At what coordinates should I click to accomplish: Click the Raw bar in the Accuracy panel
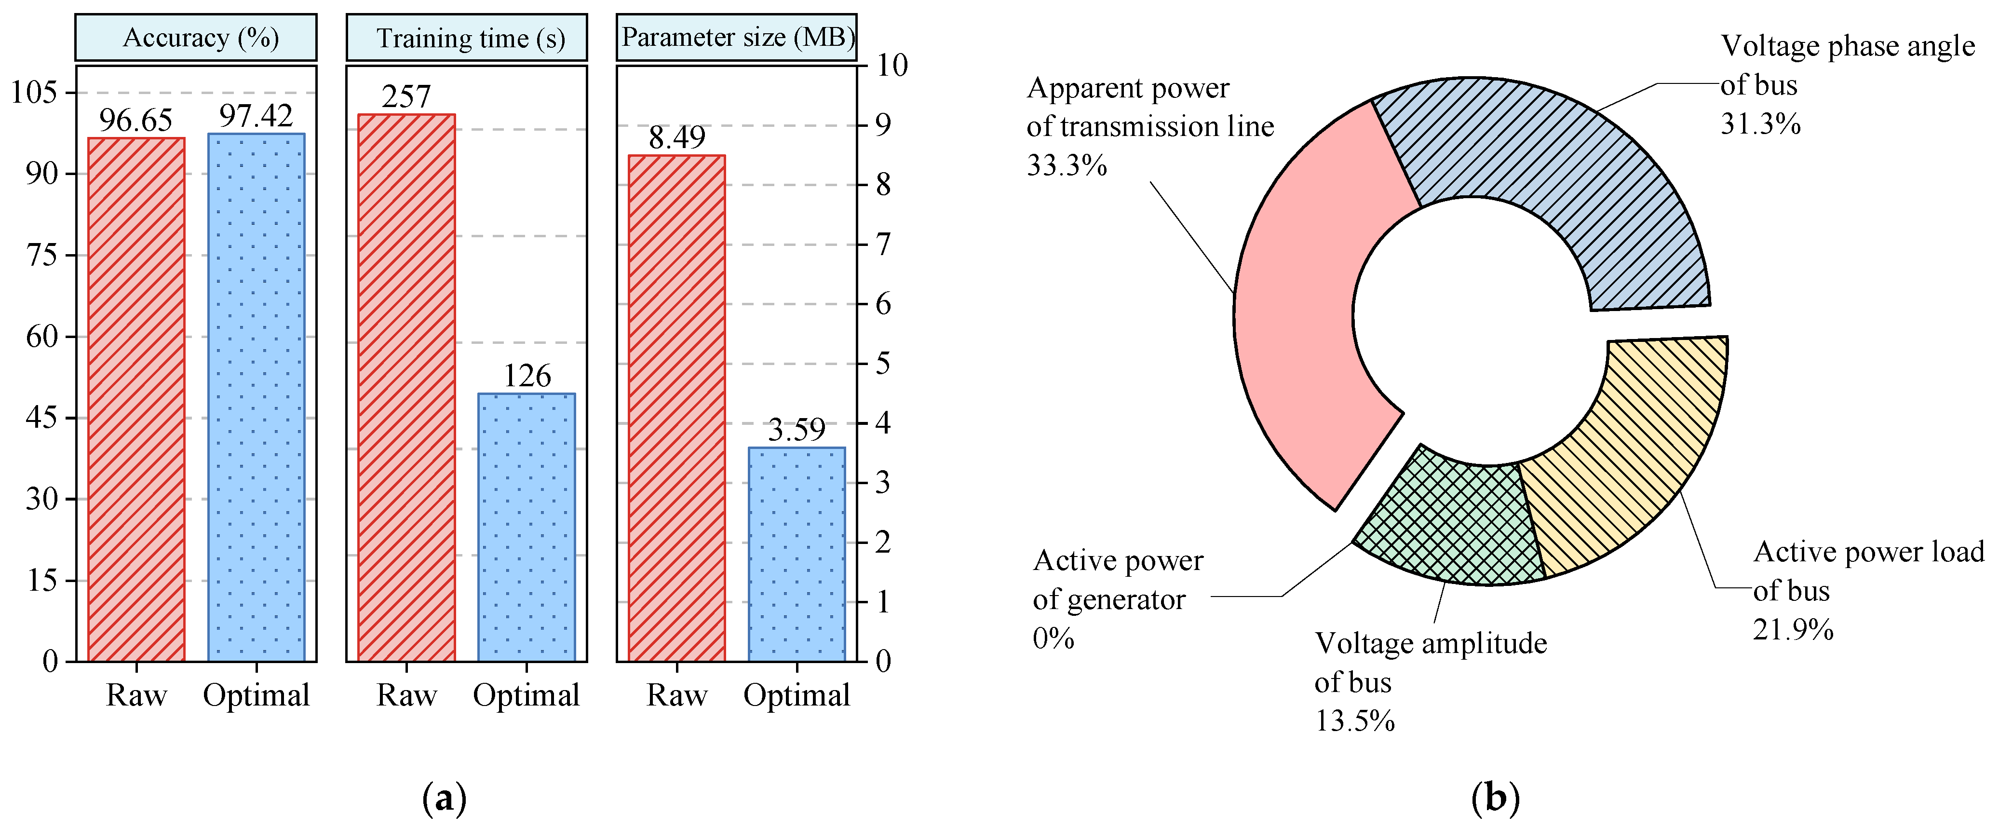point(136,400)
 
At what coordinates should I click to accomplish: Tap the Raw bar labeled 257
point(406,388)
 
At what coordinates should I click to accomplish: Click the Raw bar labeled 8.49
point(676,408)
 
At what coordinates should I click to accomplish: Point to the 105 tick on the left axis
point(34,92)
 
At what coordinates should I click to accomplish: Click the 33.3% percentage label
point(1066,165)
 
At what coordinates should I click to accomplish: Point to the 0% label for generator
point(1053,638)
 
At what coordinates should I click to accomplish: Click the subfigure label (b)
point(1495,798)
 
